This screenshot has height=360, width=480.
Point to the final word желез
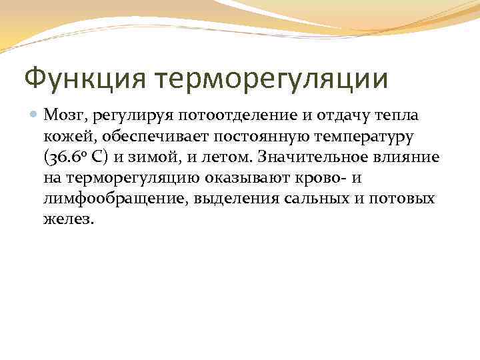(69, 219)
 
